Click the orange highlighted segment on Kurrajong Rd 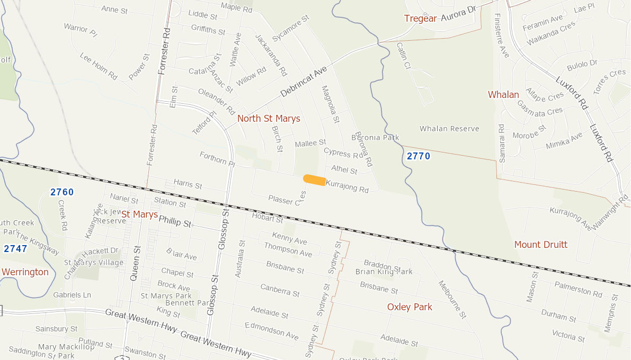(314, 180)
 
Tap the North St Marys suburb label (269, 119)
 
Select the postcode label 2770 (419, 156)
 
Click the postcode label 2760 (62, 192)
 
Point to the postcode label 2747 (15, 248)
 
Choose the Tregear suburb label (420, 19)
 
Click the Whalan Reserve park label (449, 129)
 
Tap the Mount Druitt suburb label (540, 245)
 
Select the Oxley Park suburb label (410, 307)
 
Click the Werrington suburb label (25, 272)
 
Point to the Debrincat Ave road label (304, 82)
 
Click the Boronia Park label (375, 138)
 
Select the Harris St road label (188, 185)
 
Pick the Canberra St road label (280, 290)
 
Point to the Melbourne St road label (452, 299)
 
